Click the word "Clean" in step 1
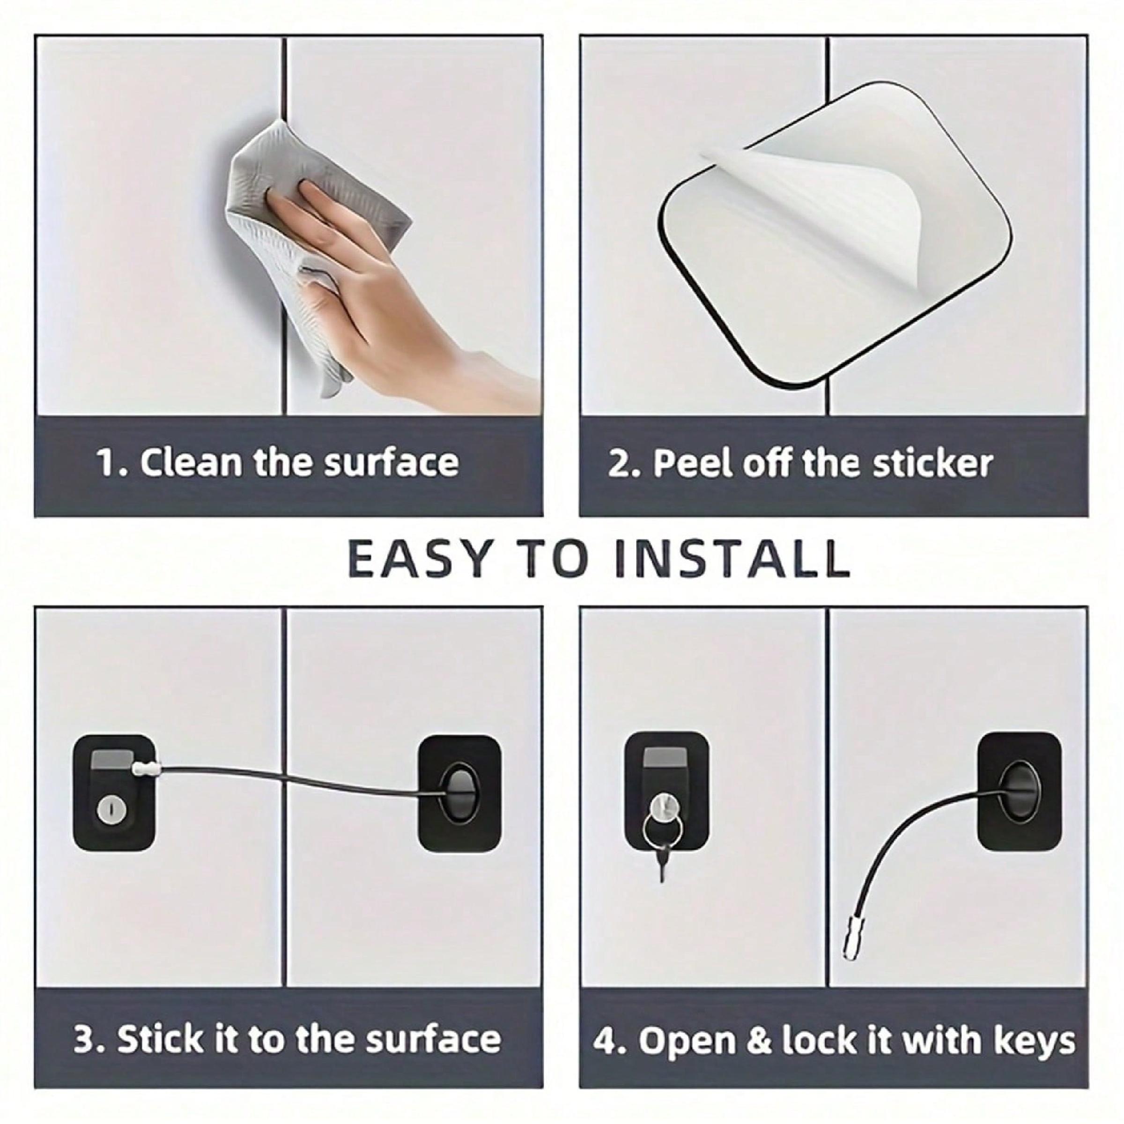click(x=190, y=463)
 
